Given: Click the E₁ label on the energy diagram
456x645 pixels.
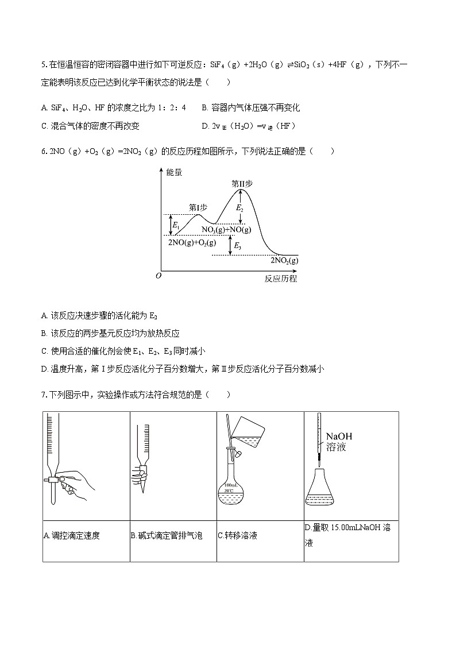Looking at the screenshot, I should pos(176,225).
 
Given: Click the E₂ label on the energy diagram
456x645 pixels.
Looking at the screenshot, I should pos(240,208).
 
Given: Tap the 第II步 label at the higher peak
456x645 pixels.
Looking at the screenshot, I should pos(242,184).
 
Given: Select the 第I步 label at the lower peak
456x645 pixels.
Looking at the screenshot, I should pos(198,207).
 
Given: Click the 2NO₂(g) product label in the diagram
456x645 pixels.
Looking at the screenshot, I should pos(284,260).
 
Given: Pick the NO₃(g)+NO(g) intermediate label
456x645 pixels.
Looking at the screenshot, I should pos(226,230).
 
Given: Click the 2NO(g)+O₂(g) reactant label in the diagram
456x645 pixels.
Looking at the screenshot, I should pos(192,242).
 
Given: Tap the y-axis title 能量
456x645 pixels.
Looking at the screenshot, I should pos(174,172).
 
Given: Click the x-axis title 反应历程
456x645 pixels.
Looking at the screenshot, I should pos(281,279).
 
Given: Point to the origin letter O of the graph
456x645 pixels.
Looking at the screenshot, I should pos(159,276).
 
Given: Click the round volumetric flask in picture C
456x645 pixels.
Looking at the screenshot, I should pos(231,488).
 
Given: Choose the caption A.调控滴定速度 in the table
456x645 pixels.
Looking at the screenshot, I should pos(72,536).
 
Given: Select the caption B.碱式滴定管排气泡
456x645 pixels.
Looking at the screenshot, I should pos(166,536).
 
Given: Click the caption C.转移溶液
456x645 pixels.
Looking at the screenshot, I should pos(237,536).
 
